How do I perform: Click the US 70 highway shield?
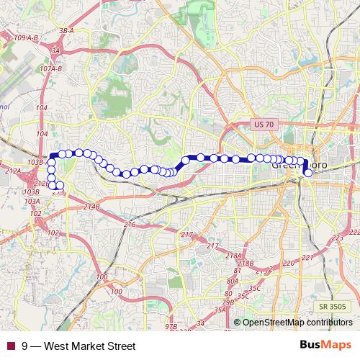point(264,125)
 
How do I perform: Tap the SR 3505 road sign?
point(335,306)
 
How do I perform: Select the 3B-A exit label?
point(67,31)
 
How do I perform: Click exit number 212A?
point(12,171)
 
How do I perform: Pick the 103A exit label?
point(32,202)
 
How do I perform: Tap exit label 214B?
point(91,207)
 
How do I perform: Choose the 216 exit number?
point(130,225)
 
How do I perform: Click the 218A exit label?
point(234,256)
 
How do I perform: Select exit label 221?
point(308,257)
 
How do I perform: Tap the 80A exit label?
point(232,281)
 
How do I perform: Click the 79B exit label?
point(228,302)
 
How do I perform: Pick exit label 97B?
point(171,327)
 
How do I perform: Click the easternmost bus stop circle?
point(308,173)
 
